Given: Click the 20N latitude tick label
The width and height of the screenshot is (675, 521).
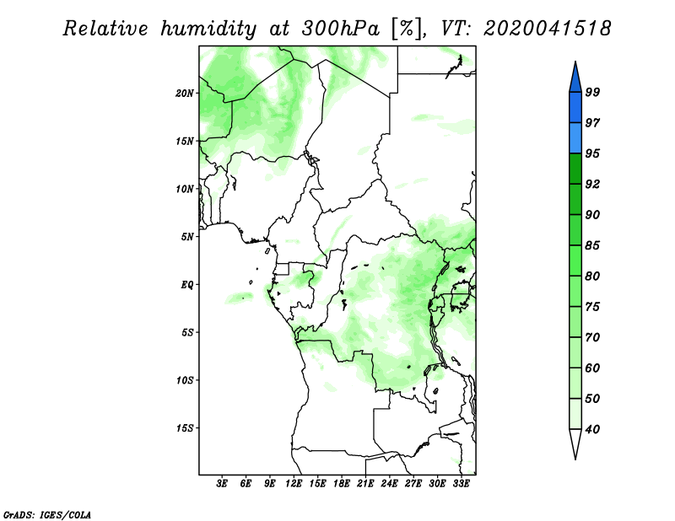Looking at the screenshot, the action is [x=185, y=94].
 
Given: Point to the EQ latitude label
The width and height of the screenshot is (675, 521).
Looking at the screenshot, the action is [x=187, y=285].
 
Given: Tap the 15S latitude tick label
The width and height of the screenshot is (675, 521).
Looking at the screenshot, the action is [x=185, y=428].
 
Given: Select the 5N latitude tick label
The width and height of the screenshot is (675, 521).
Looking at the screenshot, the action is [x=187, y=237].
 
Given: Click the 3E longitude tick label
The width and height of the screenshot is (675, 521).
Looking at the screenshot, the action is [x=222, y=484].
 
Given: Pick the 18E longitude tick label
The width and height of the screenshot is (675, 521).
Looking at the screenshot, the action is [x=342, y=484].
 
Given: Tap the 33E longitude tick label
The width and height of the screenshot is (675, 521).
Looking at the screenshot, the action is [x=461, y=484].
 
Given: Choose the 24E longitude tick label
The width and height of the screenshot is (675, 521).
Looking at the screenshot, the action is [x=389, y=484].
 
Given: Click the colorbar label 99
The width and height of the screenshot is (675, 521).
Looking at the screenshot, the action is [x=592, y=92].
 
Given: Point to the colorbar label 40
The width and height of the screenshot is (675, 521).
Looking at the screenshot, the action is [x=592, y=429].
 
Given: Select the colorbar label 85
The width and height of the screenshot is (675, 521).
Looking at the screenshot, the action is [x=592, y=245].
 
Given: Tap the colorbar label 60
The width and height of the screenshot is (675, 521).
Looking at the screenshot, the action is [x=592, y=368].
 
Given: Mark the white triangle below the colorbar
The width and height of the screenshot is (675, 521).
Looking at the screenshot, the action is [x=575, y=443].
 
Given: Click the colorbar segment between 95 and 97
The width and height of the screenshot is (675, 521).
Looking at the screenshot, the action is [x=575, y=138].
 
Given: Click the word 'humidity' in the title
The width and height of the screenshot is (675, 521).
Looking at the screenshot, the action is [x=208, y=30].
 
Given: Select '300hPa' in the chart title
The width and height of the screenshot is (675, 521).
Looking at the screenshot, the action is [x=341, y=29].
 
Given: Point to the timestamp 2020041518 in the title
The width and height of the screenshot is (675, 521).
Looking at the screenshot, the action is [x=547, y=29].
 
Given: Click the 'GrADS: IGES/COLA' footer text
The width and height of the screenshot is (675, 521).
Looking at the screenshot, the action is [x=47, y=514].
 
